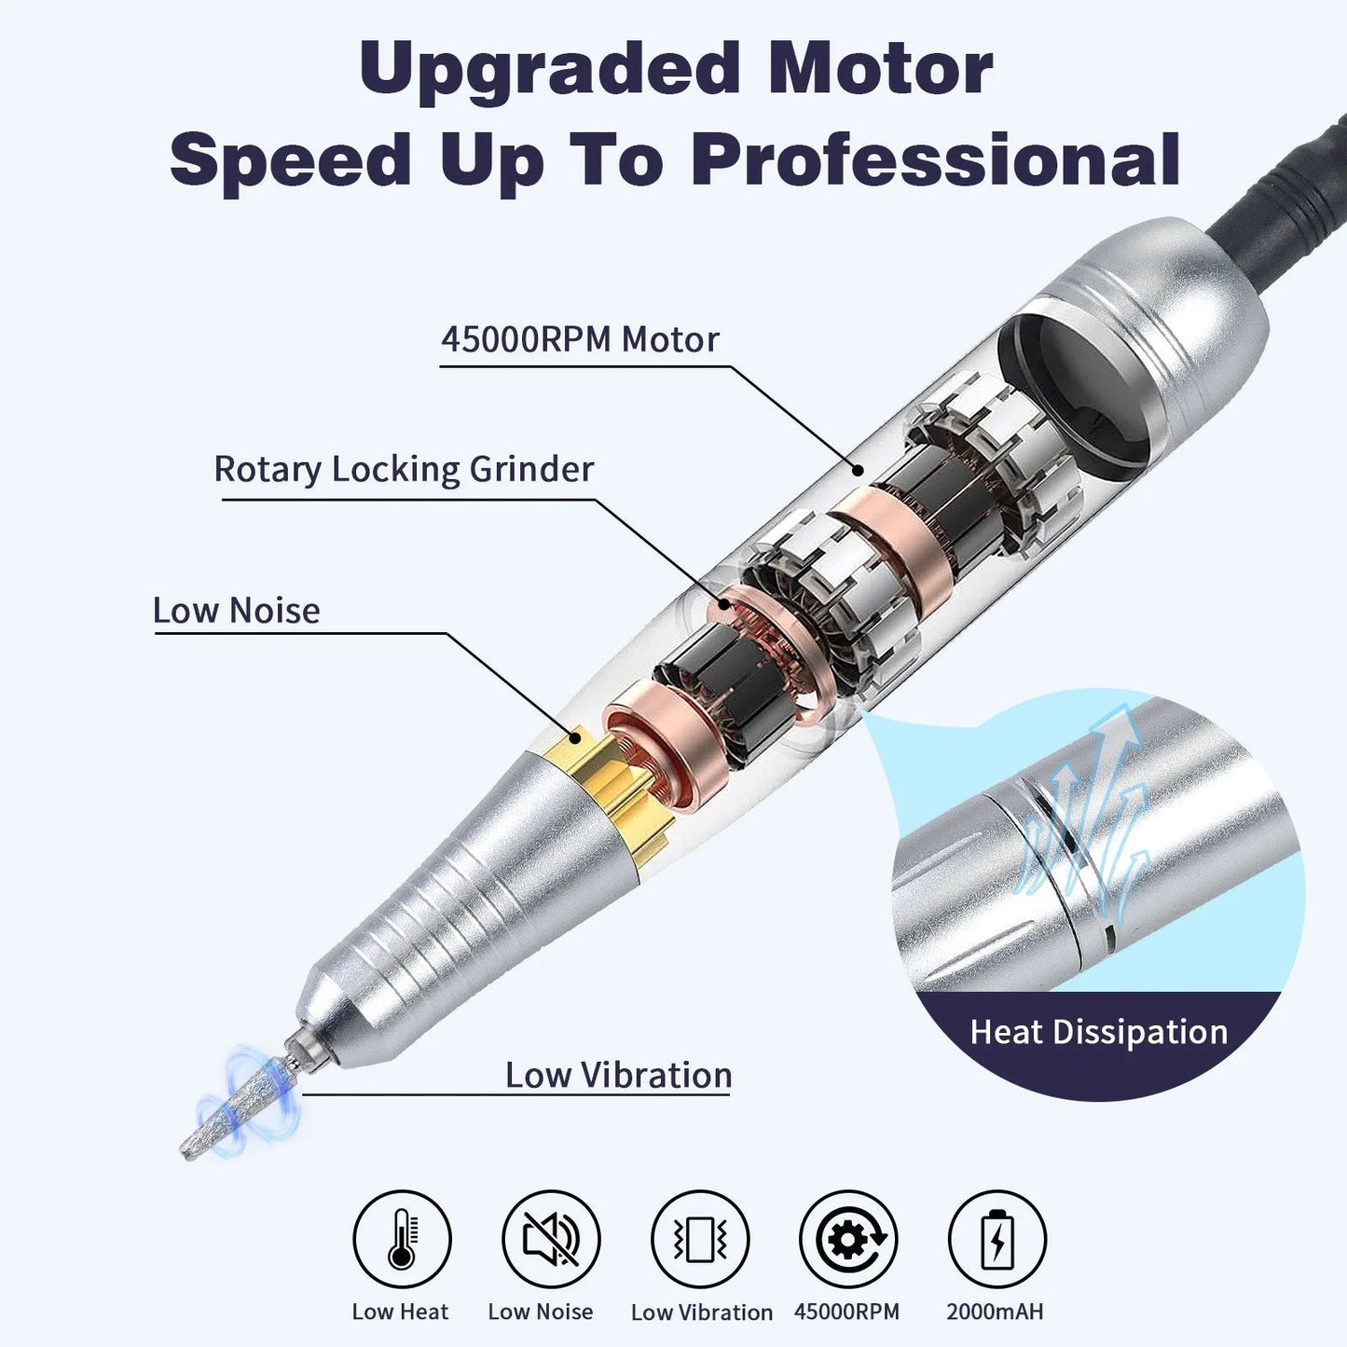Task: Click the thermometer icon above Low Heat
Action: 402,1239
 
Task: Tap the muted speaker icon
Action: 551,1239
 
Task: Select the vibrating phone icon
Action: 700,1239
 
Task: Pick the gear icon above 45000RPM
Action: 848,1239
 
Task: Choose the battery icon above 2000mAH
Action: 997,1239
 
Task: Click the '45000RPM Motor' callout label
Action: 580,339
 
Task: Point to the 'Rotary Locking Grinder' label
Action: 404,469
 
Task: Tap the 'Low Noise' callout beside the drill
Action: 237,611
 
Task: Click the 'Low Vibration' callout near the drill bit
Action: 618,1075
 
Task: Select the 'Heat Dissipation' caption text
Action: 1099,1032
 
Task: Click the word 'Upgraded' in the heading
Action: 549,70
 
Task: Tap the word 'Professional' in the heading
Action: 936,159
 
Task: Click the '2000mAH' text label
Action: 995,1312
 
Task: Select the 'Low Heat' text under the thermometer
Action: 400,1312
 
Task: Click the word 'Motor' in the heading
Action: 881,70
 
